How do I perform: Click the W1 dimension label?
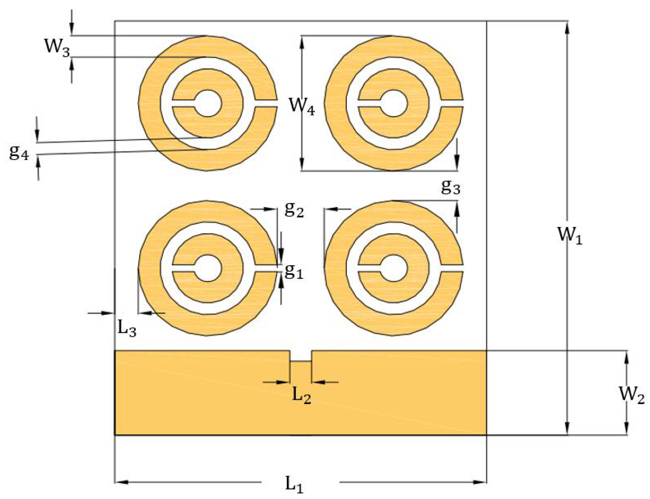pyautogui.click(x=570, y=235)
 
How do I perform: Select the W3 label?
pyautogui.click(x=57, y=47)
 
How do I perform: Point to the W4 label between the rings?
pyautogui.click(x=302, y=107)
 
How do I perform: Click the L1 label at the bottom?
pyautogui.click(x=294, y=485)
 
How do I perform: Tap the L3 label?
pyautogui.click(x=127, y=328)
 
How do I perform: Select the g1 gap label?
pyautogui.click(x=294, y=271)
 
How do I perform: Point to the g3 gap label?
pyautogui.click(x=450, y=186)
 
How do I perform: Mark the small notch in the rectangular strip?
pyautogui.click(x=301, y=356)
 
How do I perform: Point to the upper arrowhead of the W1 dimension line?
pyautogui.click(x=567, y=29)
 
